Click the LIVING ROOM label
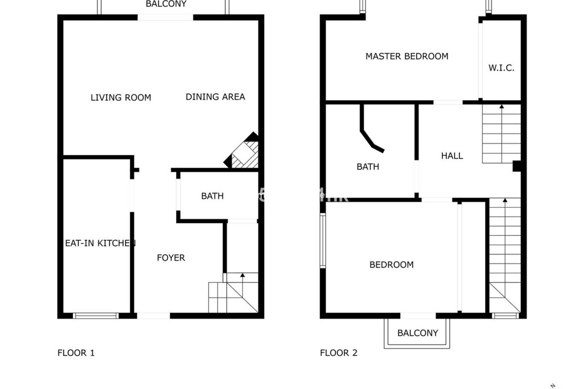click(x=121, y=98)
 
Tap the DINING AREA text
click(x=215, y=97)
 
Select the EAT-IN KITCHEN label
click(x=100, y=243)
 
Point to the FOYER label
click(x=171, y=258)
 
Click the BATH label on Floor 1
click(x=212, y=196)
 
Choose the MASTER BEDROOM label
click(x=407, y=56)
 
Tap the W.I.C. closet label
click(x=501, y=68)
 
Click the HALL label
click(x=452, y=156)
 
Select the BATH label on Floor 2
click(x=368, y=167)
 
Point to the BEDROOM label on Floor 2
click(x=391, y=265)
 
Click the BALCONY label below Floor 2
click(x=418, y=333)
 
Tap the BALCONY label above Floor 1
click(x=166, y=4)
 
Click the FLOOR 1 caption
click(x=76, y=353)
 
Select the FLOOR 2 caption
click(x=339, y=353)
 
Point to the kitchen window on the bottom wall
click(x=96, y=316)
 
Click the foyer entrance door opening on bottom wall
click(x=153, y=316)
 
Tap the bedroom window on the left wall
click(x=323, y=240)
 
